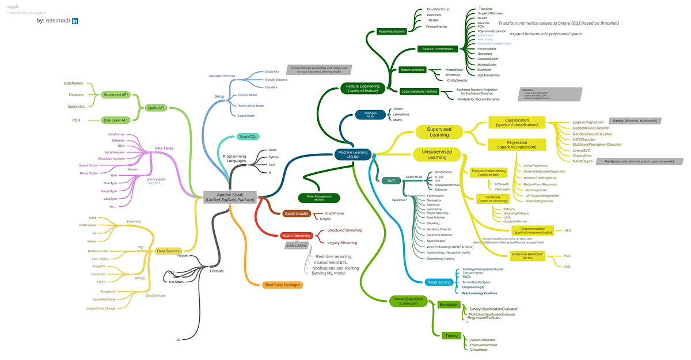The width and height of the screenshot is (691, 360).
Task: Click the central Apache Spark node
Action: [230, 196]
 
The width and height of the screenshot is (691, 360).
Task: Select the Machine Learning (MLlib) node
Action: [354, 154]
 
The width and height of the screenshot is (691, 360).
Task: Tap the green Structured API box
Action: [116, 94]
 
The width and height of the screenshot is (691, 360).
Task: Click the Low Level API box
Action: [116, 120]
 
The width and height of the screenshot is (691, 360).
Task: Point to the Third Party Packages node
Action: [282, 285]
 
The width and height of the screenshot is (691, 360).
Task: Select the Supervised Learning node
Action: [438, 132]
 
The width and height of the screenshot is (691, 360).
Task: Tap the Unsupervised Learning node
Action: [436, 154]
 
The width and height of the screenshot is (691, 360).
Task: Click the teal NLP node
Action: [391, 180]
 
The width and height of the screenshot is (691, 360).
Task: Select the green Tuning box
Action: [451, 335]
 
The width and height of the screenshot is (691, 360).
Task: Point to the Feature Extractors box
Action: [392, 31]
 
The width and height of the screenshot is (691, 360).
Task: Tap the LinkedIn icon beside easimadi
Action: [75, 21]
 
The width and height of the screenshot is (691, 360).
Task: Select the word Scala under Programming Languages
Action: [272, 150]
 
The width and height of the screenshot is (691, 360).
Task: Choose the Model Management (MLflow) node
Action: [319, 198]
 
